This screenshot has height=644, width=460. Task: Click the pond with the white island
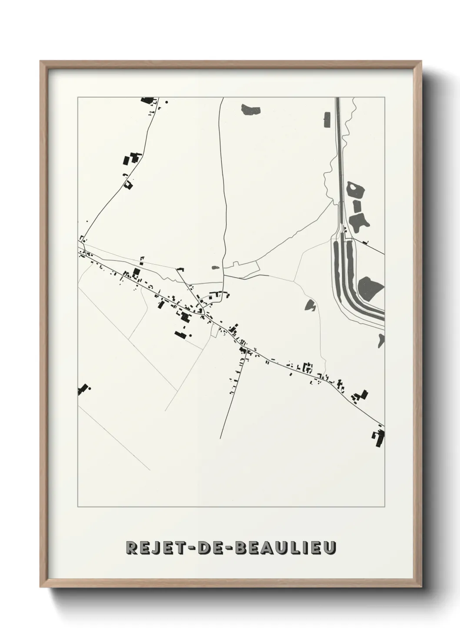coord(356,190)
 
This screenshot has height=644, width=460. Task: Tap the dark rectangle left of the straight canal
coord(327,120)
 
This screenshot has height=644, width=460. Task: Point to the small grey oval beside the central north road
coord(214,268)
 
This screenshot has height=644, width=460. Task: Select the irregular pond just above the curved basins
coord(359,221)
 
